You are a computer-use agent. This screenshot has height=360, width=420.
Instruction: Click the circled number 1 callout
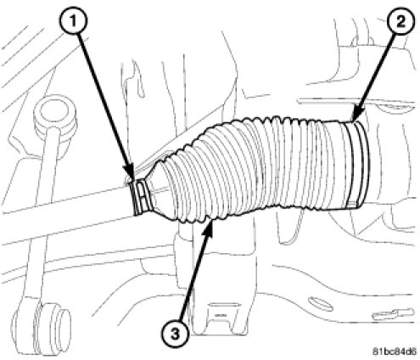73,20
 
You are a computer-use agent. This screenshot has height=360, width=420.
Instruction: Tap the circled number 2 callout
400,20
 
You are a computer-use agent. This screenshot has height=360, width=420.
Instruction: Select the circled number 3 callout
176,335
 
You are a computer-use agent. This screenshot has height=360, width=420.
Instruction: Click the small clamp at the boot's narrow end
141,197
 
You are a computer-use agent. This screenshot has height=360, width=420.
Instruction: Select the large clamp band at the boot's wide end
357,163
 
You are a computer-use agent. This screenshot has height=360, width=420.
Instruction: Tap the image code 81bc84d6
395,352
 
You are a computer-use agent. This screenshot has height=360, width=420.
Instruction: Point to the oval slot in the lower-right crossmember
320,303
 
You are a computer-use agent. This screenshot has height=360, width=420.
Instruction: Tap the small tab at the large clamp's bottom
352,203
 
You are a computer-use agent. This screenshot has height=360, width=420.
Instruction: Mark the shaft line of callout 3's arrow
196,280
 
